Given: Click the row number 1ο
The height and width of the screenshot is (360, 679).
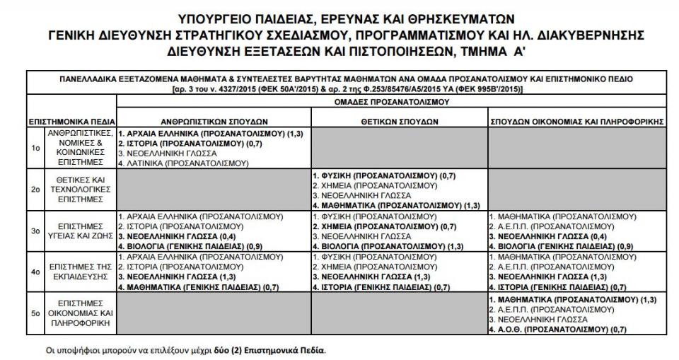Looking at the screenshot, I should (35, 148).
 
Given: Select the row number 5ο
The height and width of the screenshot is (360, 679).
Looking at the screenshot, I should (35, 311).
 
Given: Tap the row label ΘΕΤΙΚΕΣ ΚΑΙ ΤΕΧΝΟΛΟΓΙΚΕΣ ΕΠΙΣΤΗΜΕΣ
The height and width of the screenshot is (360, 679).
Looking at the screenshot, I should (80, 189).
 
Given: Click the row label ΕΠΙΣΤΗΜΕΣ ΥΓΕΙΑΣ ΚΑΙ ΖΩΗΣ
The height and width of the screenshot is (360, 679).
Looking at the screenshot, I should (80, 230).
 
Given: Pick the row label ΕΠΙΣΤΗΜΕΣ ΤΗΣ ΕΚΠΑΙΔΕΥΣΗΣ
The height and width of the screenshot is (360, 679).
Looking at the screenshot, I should (80, 271).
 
